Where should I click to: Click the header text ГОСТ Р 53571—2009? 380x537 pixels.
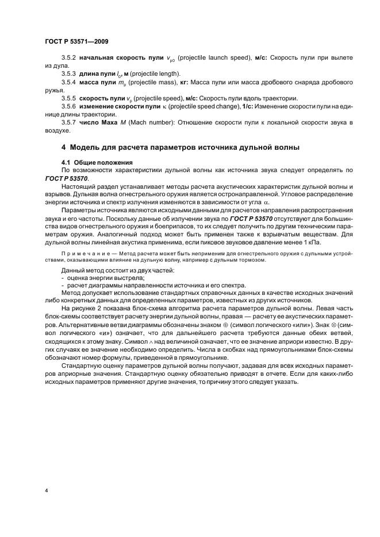coord(76,42)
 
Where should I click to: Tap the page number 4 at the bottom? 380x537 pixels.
coord(46,491)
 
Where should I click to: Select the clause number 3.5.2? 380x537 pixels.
coord(69,59)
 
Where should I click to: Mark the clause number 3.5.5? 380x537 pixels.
coord(69,99)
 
